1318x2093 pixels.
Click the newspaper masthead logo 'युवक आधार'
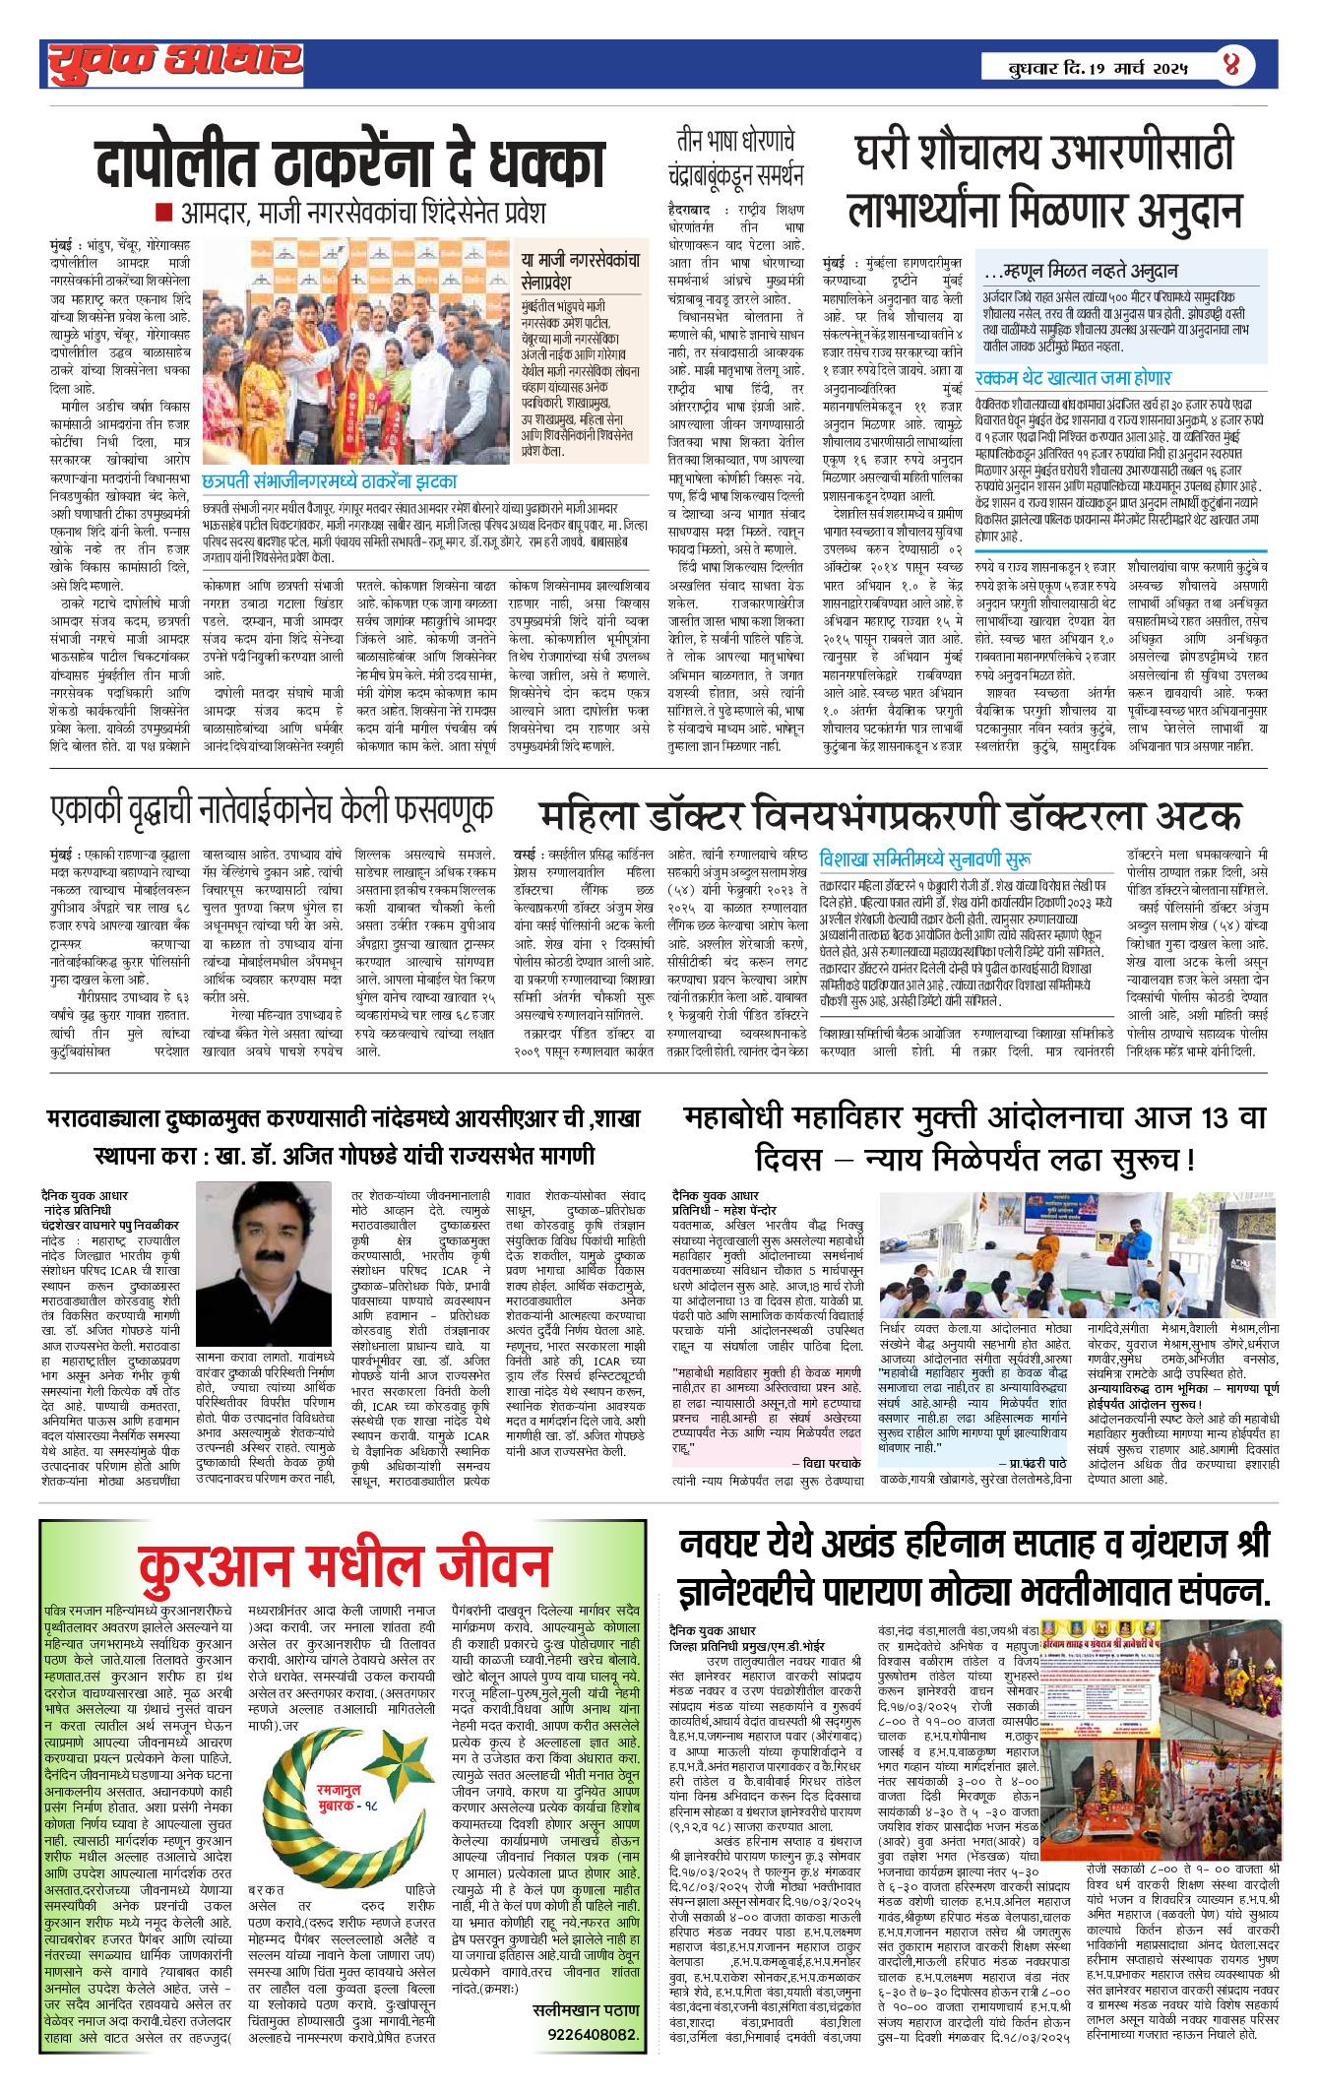pos(175,62)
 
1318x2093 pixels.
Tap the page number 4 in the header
pos(1231,66)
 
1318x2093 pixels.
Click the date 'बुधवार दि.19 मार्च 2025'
pos(1098,68)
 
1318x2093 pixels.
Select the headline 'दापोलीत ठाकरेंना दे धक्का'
pos(349,163)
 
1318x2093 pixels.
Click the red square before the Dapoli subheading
pos(164,213)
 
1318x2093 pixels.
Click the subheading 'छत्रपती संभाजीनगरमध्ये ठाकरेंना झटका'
pos(330,481)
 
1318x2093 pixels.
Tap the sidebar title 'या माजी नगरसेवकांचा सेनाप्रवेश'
pos(581,269)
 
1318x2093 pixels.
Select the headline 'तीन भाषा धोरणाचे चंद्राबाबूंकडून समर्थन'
pos(735,158)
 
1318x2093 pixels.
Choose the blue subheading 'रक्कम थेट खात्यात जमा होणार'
pos(1073,378)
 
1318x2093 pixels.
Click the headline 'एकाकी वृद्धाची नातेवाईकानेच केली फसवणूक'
pos(272,809)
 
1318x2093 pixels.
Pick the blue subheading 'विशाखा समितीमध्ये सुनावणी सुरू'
pos(925,858)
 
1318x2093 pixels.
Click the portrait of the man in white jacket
pos(264,1264)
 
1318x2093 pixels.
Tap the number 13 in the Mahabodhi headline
pos(1215,1117)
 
